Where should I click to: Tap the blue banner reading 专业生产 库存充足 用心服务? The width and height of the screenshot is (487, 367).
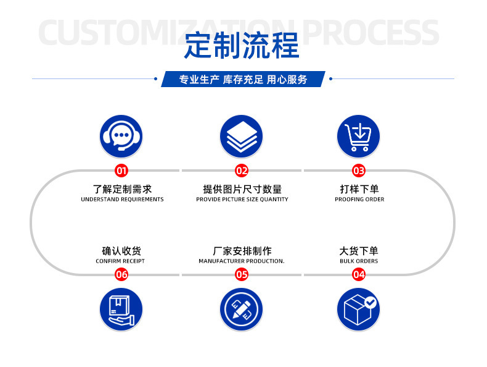tap(243, 79)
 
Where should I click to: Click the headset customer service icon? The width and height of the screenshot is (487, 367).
tap(121, 136)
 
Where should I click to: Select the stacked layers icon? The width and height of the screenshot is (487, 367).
tap(241, 136)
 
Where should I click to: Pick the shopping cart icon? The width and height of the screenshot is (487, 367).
tap(358, 136)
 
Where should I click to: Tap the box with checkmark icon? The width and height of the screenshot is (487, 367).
tap(358, 309)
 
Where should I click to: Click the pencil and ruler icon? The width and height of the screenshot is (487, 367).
tap(241, 309)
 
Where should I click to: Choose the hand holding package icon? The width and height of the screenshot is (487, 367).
tap(121, 309)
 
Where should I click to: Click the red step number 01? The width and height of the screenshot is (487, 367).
tap(121, 171)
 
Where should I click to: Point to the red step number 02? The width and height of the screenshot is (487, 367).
tap(241, 171)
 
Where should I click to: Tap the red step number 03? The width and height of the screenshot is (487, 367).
tap(358, 171)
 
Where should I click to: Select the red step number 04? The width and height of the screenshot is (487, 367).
tap(358, 274)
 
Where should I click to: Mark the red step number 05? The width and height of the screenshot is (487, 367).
tap(241, 274)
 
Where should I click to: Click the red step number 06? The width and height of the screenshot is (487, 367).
tap(121, 274)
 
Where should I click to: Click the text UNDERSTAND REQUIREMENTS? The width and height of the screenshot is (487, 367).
tap(122, 200)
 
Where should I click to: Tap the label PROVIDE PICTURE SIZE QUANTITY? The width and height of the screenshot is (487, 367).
tap(242, 200)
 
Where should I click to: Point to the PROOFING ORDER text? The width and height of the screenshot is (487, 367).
tap(359, 200)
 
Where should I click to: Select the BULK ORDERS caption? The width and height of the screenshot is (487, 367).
tap(359, 261)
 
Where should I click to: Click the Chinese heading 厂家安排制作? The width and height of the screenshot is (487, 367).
tap(242, 251)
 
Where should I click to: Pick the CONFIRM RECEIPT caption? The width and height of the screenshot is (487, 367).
tap(120, 261)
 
